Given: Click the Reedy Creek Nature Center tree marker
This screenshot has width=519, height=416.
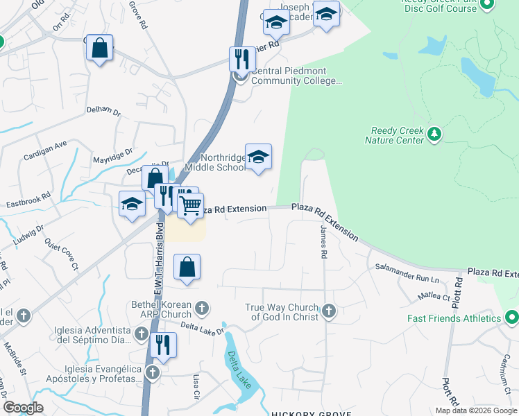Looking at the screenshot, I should tap(434, 133).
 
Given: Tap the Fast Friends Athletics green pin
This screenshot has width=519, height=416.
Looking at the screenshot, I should tap(512, 318).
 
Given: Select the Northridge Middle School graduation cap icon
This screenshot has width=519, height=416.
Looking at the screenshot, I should tap(258, 157).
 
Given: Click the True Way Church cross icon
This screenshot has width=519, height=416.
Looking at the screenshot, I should tap(329, 311).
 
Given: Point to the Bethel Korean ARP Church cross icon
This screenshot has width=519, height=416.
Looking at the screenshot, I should tap(202, 307).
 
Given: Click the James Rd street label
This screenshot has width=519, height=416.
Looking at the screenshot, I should tap(323, 242).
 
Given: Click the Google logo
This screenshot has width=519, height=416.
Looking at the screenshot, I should tap(23, 408).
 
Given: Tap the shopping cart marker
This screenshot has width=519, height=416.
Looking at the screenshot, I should tap(190, 206).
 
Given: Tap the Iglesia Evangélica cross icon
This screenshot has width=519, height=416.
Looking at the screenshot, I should tap(153, 373).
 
